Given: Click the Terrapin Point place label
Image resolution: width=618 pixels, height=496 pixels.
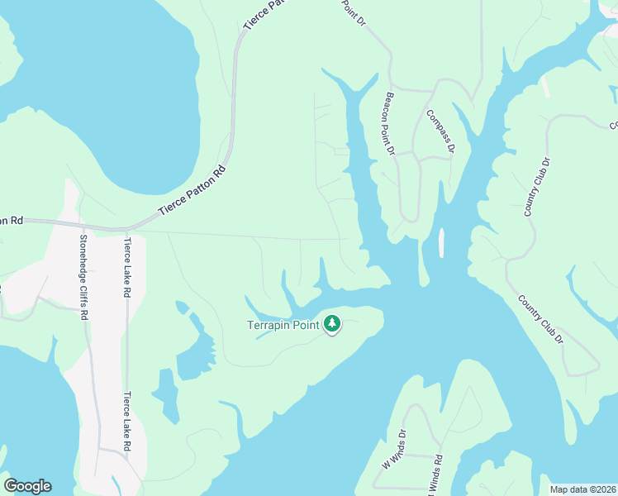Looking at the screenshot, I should coord(283,325).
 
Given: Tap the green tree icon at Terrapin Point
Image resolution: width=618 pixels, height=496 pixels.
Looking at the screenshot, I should coord(332,323).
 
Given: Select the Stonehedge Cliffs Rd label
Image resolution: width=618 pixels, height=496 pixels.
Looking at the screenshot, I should coord(83,277).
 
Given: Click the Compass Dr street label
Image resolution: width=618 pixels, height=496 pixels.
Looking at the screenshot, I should coord(440,131).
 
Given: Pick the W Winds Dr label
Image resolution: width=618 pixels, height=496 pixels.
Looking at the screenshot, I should coord(392,449).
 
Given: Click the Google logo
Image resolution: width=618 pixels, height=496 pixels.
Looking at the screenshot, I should coord(27,486).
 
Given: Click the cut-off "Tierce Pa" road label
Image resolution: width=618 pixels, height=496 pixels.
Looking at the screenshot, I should coord(264,15).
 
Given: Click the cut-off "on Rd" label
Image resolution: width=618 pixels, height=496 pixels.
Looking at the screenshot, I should coord(12,221).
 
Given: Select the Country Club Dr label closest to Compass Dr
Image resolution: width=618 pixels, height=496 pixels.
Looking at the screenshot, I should coord(536,185).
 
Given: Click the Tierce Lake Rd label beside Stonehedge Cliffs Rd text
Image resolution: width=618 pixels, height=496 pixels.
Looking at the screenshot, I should coord(127,268).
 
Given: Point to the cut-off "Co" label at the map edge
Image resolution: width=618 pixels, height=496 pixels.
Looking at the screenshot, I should coord(613,126).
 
